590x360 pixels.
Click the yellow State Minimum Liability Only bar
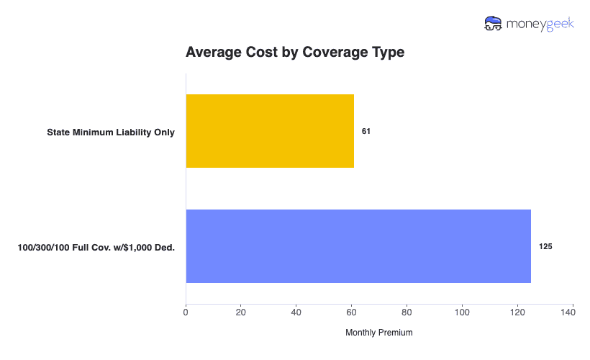[270, 131]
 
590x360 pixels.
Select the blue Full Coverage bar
[358, 246]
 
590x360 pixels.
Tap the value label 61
[366, 132]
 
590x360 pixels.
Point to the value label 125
[545, 246]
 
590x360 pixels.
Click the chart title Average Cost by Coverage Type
[295, 53]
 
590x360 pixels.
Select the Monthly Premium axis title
[379, 333]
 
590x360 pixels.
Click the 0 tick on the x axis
[186, 312]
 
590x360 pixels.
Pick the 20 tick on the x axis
[241, 312]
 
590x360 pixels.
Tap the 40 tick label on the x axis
[296, 312]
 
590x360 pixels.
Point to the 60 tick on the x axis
[352, 312]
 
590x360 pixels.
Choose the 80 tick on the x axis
[407, 312]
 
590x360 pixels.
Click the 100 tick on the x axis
[462, 312]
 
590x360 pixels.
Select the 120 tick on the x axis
[517, 312]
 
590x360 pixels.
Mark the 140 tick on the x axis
[573, 312]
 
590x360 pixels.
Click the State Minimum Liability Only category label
[111, 132]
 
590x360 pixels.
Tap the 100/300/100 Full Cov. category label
[96, 247]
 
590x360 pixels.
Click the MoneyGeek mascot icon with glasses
[493, 23]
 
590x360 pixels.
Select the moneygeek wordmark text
[540, 23]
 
